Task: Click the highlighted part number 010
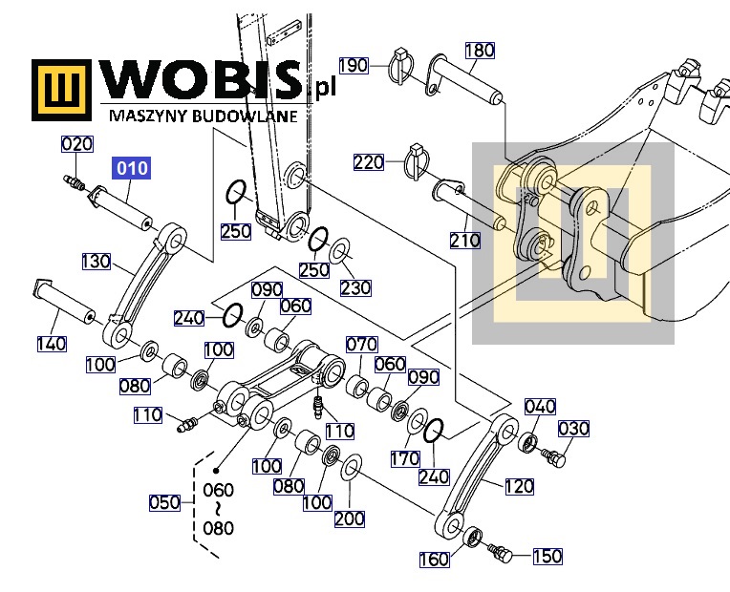pyautogui.click(x=132, y=168)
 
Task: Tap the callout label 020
pyautogui.click(x=77, y=144)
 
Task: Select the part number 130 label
pyautogui.click(x=97, y=261)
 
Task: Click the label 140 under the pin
pyautogui.click(x=52, y=344)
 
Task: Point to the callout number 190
pyautogui.click(x=354, y=66)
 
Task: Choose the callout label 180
pyautogui.click(x=480, y=50)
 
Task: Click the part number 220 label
pyautogui.click(x=369, y=162)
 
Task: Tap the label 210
pyautogui.click(x=465, y=241)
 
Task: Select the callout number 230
pyautogui.click(x=355, y=287)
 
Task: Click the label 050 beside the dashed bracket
pyautogui.click(x=164, y=502)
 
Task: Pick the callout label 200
pyautogui.click(x=349, y=518)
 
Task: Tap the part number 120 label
pyautogui.click(x=519, y=486)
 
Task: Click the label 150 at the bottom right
pyautogui.click(x=547, y=556)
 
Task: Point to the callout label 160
pyautogui.click(x=435, y=559)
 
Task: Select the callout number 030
pyautogui.click(x=573, y=429)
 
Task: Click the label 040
pyautogui.click(x=541, y=407)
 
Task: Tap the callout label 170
pyautogui.click(x=405, y=459)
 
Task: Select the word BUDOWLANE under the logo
pyautogui.click(x=244, y=116)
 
